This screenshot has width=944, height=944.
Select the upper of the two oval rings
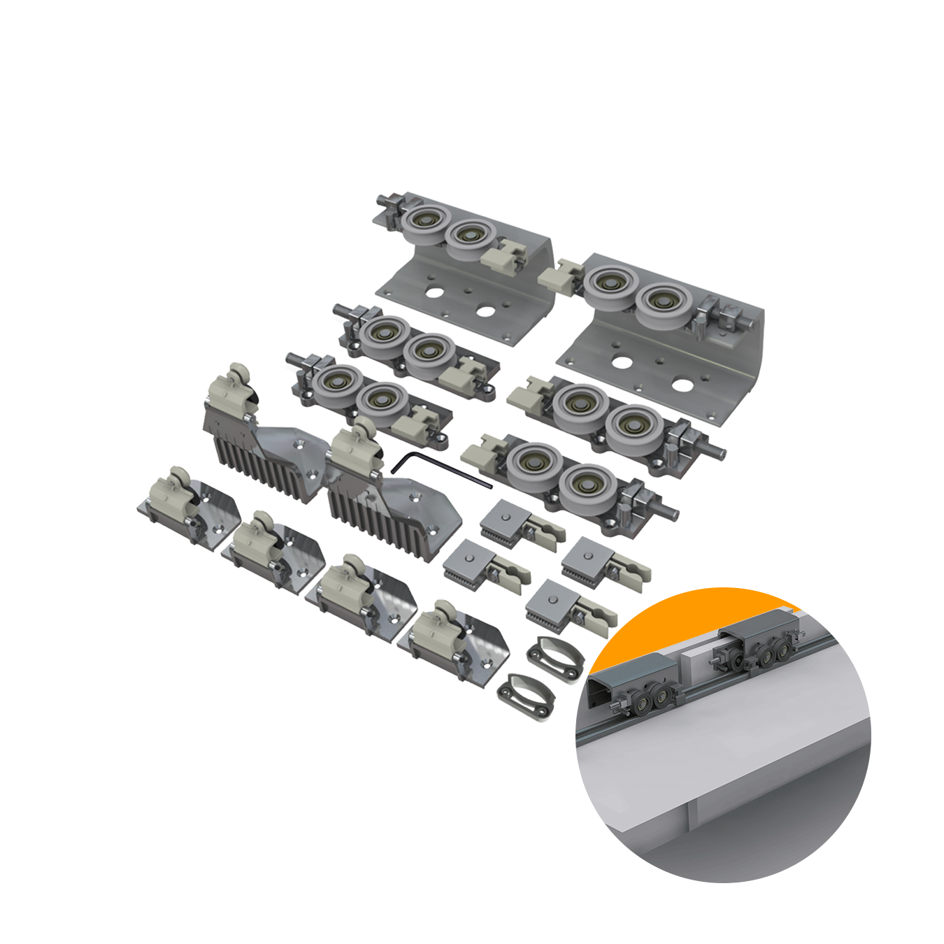[x=555, y=656]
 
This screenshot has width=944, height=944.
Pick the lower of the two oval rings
[x=526, y=694]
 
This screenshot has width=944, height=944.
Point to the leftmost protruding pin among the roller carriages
[x=294, y=359]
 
